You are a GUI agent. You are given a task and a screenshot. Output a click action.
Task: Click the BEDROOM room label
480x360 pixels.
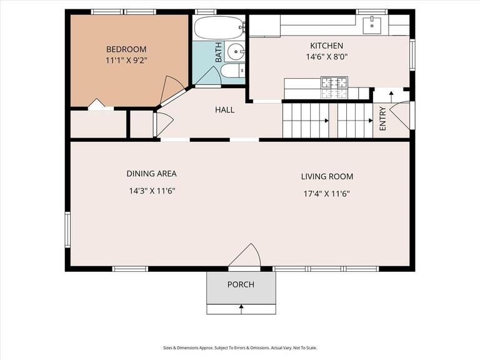[126, 49]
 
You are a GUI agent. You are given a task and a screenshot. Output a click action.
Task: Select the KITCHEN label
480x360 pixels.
[326, 46]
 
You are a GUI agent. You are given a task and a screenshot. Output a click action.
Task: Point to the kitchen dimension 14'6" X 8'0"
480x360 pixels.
[326, 56]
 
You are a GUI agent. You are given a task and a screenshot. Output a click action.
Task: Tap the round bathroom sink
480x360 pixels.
[236, 51]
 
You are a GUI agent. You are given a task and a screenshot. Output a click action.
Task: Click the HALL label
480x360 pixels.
[224, 110]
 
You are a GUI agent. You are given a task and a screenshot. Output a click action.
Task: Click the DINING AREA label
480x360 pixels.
[151, 174]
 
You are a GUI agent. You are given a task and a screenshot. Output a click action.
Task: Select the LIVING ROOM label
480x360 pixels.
[327, 177]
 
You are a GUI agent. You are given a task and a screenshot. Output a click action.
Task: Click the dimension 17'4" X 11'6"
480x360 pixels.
[326, 194]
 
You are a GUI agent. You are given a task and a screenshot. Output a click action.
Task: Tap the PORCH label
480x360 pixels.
[241, 285]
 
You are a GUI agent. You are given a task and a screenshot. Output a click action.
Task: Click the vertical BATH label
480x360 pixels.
[219, 52]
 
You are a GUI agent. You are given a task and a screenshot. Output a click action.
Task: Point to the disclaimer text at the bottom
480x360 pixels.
[240, 348]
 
